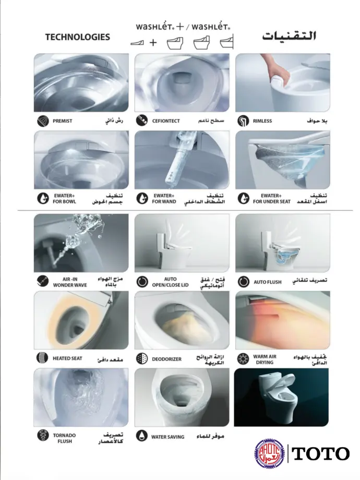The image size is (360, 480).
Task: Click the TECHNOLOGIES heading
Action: coord(77,37)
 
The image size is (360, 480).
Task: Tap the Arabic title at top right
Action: coord(289,36)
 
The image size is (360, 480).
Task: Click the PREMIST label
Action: coord(63,121)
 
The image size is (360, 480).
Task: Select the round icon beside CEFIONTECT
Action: coord(142,121)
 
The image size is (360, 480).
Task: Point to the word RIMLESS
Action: coord(262,121)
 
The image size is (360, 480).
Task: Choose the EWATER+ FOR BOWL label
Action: coord(64,198)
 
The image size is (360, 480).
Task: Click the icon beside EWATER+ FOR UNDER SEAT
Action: coord(243,198)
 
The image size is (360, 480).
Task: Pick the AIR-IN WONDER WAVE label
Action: coord(70,282)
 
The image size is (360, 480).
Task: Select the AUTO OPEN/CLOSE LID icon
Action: coord(142,282)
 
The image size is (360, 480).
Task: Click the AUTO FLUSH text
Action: coord(268,282)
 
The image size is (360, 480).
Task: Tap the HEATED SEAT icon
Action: coord(42,358)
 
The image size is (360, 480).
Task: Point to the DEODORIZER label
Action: coord(166,359)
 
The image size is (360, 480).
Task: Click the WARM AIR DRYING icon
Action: coord(243,359)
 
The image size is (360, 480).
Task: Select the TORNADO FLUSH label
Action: coord(64,438)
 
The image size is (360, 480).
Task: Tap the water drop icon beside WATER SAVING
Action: coord(142,436)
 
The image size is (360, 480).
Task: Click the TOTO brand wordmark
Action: coord(320,454)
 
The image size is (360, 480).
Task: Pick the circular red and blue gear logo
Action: coord(269,453)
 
